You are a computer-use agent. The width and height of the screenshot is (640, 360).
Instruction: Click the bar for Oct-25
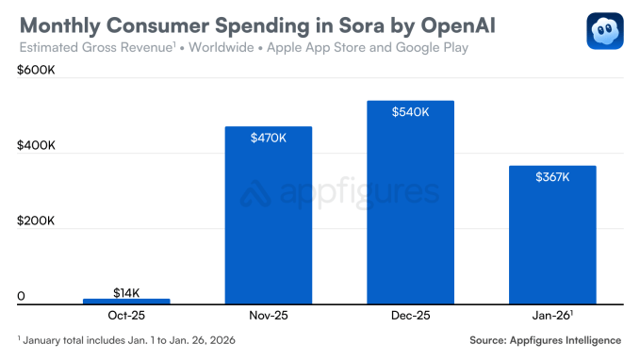126,301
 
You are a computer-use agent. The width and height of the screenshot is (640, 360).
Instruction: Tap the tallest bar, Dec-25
410,202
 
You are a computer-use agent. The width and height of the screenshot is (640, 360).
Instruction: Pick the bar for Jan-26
551,235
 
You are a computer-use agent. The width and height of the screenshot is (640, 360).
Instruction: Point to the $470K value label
268,138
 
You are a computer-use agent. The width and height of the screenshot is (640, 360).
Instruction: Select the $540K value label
410,111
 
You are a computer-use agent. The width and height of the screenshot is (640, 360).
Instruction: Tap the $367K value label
551,176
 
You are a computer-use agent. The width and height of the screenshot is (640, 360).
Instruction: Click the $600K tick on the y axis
36,72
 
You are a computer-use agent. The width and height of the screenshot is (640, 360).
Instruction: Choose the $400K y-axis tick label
36,146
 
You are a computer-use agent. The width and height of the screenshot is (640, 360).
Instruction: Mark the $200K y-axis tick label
36,221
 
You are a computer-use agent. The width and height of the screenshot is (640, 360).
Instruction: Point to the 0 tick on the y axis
21,296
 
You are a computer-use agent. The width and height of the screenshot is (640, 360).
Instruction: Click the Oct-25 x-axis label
126,316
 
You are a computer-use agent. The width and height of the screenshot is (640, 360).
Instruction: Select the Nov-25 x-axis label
268,316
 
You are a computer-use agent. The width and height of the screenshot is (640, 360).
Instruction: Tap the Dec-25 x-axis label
410,316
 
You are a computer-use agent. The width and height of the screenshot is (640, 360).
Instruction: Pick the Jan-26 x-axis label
552,316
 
